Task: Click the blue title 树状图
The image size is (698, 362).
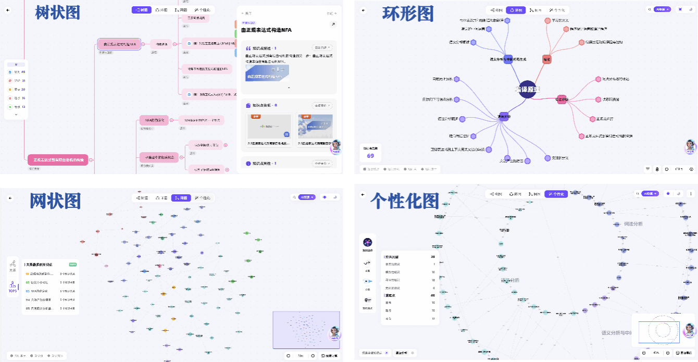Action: [57, 13]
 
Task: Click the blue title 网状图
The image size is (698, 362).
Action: [55, 200]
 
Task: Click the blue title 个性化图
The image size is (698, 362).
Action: [404, 201]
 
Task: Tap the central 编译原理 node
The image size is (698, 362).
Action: [527, 89]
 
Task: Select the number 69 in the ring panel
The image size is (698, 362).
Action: [370, 155]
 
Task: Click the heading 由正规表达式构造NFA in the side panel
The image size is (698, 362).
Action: [266, 30]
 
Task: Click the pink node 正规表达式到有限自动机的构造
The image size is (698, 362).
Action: [58, 159]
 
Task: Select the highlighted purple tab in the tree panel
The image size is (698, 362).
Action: [141, 10]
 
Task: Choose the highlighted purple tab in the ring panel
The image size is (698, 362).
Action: [517, 10]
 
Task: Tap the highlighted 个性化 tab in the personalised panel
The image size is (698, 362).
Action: [556, 194]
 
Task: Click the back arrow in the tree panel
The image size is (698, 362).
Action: [10, 10]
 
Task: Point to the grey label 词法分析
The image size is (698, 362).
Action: [633, 224]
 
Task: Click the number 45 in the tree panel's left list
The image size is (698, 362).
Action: [23, 72]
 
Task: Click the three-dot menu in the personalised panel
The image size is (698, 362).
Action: [680, 194]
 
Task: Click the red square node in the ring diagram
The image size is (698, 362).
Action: [546, 59]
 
